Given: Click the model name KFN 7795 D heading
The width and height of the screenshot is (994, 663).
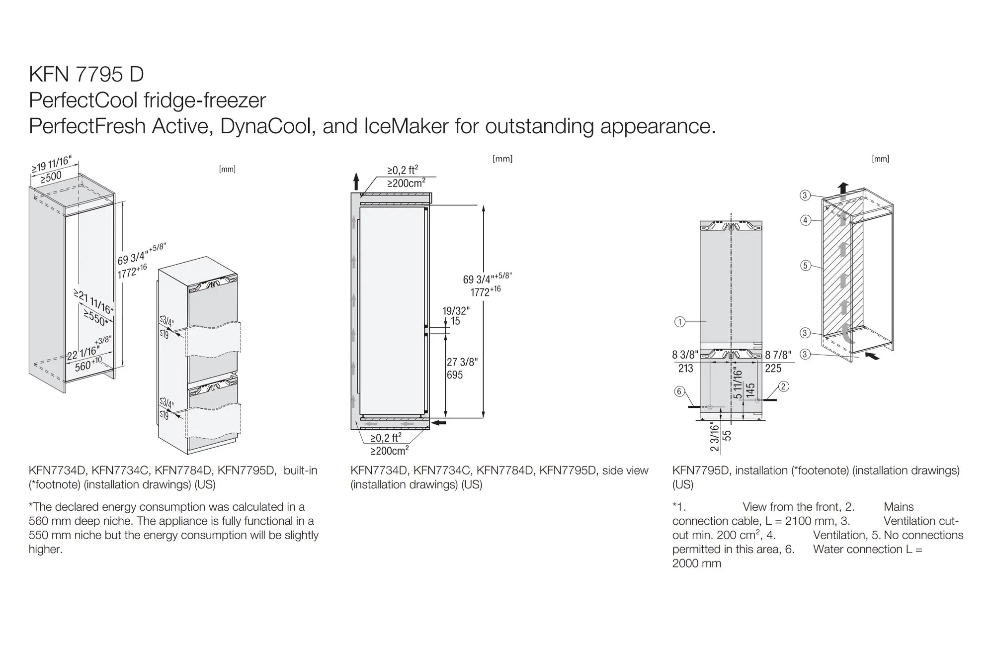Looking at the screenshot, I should (x=86, y=75).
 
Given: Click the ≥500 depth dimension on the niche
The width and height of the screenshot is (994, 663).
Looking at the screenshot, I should (x=51, y=177).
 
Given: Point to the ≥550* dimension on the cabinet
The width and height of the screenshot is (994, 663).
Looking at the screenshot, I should (x=95, y=318).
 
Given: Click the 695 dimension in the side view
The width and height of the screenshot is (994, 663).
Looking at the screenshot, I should (x=455, y=375).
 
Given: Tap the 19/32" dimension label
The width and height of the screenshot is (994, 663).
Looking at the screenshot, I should (x=456, y=311).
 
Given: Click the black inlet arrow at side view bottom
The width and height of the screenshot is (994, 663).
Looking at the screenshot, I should (x=439, y=423).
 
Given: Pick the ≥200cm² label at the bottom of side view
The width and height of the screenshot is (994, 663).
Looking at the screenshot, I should (x=390, y=451).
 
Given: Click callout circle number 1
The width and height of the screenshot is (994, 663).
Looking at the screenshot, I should (x=679, y=322).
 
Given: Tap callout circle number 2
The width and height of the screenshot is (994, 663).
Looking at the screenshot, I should (x=783, y=386).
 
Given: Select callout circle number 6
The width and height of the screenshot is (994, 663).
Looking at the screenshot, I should (x=679, y=391).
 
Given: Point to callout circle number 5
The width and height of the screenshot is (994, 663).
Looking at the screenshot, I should (x=806, y=265).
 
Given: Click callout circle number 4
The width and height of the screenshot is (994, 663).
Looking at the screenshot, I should (x=806, y=220).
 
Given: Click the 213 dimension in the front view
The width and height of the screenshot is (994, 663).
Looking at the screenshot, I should (x=685, y=369).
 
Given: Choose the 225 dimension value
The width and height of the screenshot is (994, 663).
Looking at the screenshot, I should (x=773, y=369).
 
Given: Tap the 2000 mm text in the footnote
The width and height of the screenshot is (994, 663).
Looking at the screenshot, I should (x=696, y=564).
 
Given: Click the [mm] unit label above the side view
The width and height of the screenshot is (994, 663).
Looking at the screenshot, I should (x=502, y=159).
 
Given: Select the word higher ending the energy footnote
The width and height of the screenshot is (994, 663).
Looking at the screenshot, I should (x=45, y=550).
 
